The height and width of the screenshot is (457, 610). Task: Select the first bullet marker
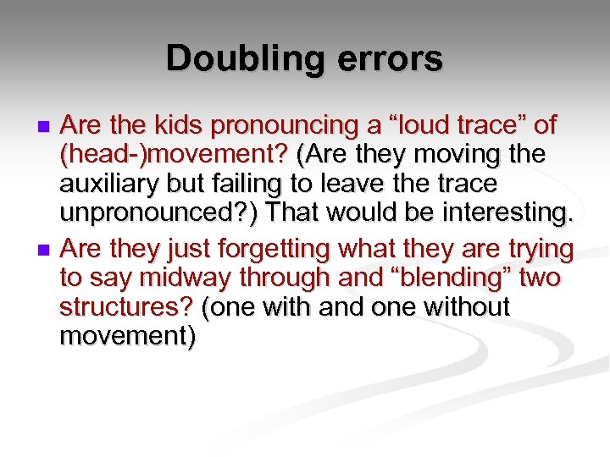pyautogui.click(x=45, y=127)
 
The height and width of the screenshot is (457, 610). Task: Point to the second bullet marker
pyautogui.click(x=45, y=251)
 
